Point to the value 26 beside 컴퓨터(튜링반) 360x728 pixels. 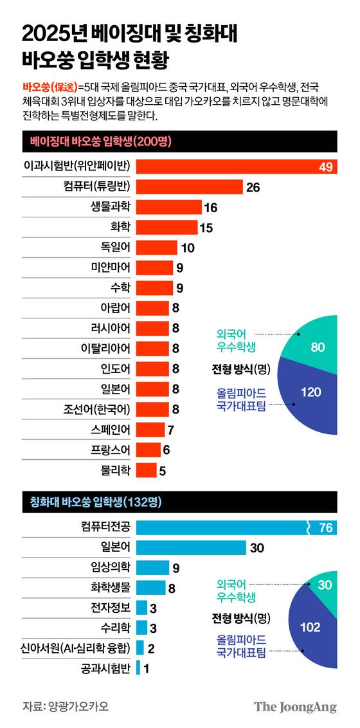pyautogui.click(x=252, y=187)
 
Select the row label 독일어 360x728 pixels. pyautogui.click(x=116, y=248)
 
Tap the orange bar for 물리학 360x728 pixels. pyautogui.click(x=146, y=470)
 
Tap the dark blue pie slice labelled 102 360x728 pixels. pyautogui.click(x=311, y=627)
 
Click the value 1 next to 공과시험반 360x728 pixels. pyautogui.click(x=147, y=668)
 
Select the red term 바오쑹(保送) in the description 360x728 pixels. pyautogui.click(x=49, y=86)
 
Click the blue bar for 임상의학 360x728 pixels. pyautogui.click(x=152, y=568)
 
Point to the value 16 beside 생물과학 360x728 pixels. pyautogui.click(x=210, y=207)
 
